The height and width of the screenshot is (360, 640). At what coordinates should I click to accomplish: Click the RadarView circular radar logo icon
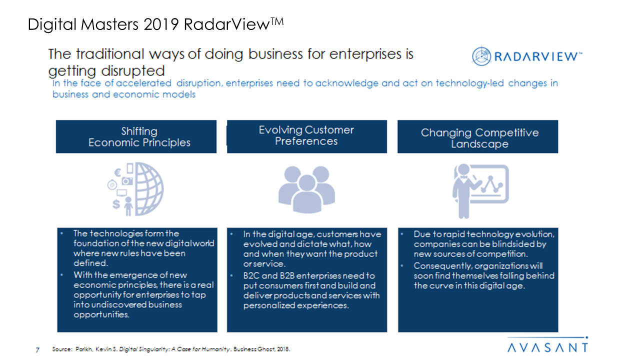click(x=481, y=56)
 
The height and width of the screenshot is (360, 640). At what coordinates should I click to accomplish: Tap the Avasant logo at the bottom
click(x=547, y=344)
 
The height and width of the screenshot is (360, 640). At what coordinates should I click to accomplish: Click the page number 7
click(x=37, y=349)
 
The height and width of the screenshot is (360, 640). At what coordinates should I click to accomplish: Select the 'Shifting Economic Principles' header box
click(x=136, y=136)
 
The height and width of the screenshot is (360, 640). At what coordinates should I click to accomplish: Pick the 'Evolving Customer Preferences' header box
click(x=307, y=136)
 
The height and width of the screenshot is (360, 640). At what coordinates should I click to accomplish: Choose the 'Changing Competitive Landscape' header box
click(x=477, y=136)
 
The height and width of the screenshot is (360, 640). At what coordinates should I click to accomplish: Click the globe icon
click(x=149, y=189)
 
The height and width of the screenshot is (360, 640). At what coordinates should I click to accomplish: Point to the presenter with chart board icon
click(x=480, y=191)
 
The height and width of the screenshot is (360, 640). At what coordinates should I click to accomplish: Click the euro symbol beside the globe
click(x=117, y=172)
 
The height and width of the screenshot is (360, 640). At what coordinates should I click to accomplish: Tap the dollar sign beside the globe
click(x=116, y=204)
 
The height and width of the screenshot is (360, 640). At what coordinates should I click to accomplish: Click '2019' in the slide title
click(x=161, y=24)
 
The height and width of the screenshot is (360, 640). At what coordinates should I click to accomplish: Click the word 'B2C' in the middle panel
click(x=251, y=275)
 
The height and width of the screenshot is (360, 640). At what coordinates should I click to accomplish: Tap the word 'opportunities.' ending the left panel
click(x=101, y=315)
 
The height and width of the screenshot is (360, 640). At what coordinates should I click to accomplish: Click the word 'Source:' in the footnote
click(x=62, y=349)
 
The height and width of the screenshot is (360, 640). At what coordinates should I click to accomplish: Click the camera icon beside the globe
click(x=127, y=181)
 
